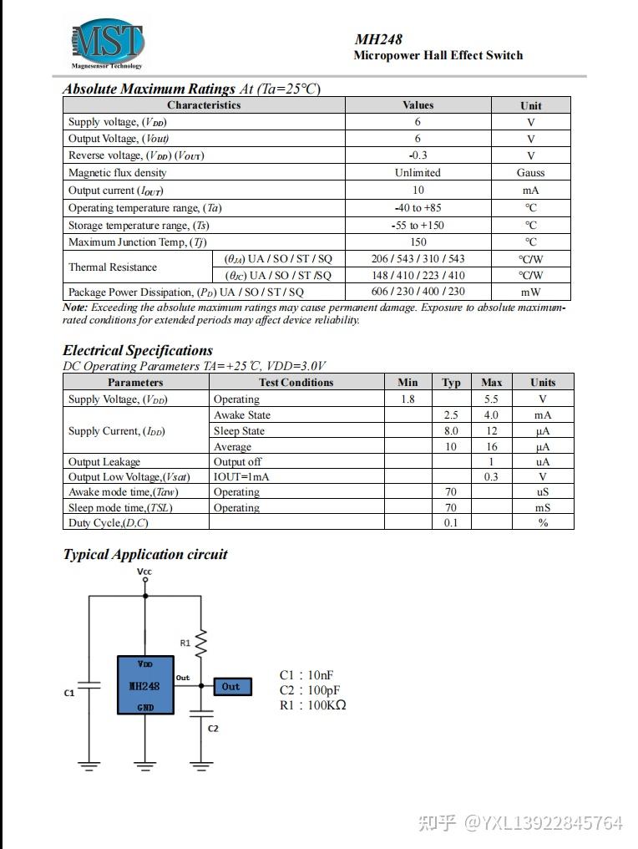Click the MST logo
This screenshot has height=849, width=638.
click(x=107, y=43)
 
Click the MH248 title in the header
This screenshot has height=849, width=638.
click(x=378, y=38)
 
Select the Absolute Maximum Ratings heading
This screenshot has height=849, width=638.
click(x=149, y=89)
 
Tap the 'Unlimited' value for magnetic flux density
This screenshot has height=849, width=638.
click(x=418, y=173)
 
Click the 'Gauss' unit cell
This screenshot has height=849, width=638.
click(x=530, y=173)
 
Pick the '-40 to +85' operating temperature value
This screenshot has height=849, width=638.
click(x=418, y=207)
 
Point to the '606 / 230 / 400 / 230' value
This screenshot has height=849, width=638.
click(x=418, y=292)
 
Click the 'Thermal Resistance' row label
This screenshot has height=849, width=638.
click(x=113, y=267)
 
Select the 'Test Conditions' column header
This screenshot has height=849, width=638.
click(x=296, y=383)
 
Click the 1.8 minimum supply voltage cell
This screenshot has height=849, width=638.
click(x=408, y=399)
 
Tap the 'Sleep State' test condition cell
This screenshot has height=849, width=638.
click(x=239, y=431)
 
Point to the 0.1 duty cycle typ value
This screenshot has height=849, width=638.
click(x=451, y=523)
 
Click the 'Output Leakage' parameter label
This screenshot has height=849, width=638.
click(x=104, y=462)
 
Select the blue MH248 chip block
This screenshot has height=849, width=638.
click(x=145, y=685)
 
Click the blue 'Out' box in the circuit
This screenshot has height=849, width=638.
click(x=231, y=686)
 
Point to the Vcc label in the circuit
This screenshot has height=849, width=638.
click(x=144, y=572)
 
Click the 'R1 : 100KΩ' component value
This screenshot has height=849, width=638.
click(x=312, y=705)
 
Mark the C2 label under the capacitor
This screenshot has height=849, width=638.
click(x=212, y=729)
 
